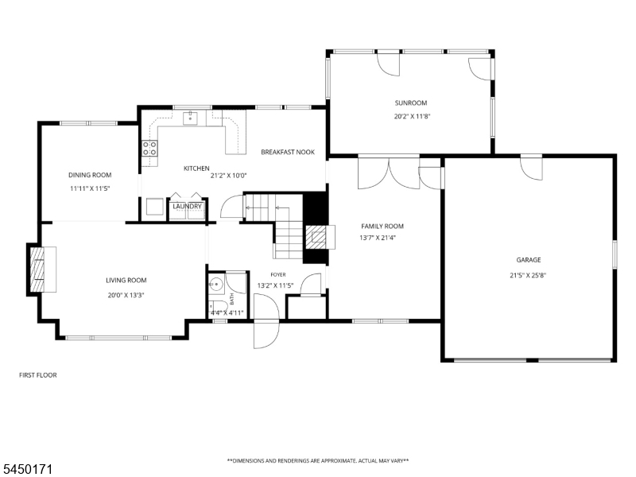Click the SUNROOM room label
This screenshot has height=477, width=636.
coord(411,103)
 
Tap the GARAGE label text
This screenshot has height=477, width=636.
coord(529,260)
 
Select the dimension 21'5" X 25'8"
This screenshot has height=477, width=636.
coord(528,275)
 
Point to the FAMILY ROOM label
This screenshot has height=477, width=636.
coord(382,227)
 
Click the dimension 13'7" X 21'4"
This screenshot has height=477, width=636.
coord(378,238)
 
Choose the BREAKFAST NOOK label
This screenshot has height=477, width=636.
coord(288,152)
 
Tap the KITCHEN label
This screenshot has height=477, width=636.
coord(196,169)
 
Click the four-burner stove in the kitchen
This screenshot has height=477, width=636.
coord(149,149)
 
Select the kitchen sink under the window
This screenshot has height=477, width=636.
coord(190,118)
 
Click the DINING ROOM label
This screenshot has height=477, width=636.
coord(90,175)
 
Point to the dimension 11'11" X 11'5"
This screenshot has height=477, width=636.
coord(90,188)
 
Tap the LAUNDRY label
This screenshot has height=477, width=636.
coord(188,207)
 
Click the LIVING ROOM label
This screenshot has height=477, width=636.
coord(126,281)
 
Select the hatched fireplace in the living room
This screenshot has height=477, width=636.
coord(37,269)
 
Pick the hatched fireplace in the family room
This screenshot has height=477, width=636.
coord(316,237)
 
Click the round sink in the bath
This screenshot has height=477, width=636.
coord(216,285)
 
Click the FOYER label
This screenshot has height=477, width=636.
coord(278,275)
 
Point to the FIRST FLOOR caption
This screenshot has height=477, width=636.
coord(38,375)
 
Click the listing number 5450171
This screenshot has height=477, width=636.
coord(26,469)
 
